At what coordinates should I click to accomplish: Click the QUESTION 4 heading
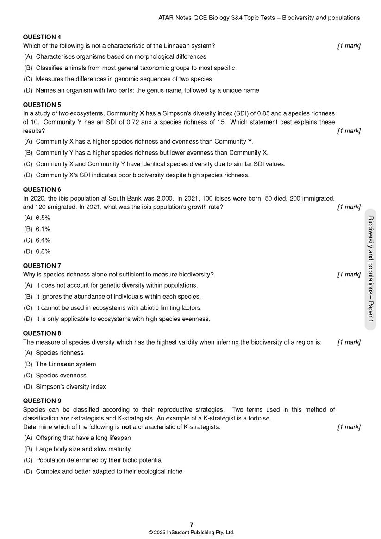click(x=42, y=37)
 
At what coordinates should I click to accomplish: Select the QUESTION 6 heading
click(x=42, y=189)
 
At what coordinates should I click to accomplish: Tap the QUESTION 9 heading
click(x=42, y=401)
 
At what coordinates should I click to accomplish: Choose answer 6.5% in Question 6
click(x=43, y=218)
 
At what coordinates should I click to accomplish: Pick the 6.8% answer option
click(x=43, y=251)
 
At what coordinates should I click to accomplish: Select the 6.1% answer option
click(x=43, y=229)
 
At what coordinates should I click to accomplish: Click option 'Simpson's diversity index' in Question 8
click(x=70, y=387)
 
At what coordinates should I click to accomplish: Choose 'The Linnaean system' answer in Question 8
click(x=66, y=364)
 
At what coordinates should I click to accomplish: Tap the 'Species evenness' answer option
click(x=61, y=376)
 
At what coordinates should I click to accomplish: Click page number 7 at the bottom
click(x=191, y=525)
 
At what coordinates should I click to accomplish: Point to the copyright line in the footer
click(x=191, y=533)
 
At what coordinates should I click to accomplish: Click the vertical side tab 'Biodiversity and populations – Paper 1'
click(x=370, y=269)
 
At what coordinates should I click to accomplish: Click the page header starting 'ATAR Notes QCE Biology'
click(x=259, y=18)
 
